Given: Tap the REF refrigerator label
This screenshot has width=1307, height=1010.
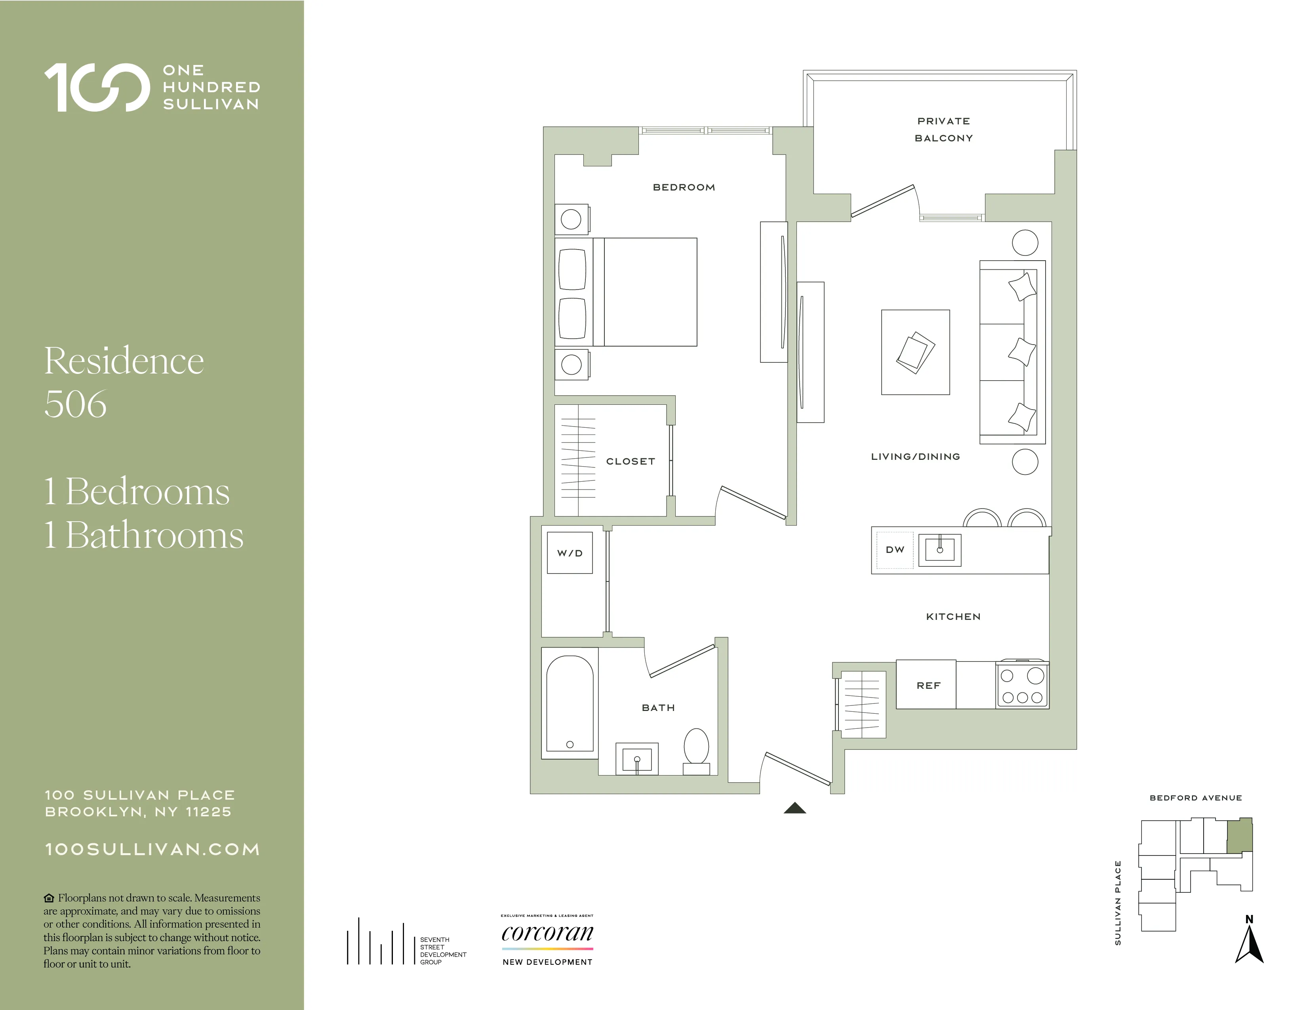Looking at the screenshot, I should [928, 686].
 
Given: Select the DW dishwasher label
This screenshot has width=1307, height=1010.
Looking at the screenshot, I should [895, 550].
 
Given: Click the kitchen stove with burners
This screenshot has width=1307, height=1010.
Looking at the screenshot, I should [1022, 686].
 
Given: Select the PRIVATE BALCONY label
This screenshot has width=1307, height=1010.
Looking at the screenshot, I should [944, 129].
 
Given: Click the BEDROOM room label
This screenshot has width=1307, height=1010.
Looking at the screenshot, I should [684, 187].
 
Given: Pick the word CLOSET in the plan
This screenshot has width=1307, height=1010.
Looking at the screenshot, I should [630, 461].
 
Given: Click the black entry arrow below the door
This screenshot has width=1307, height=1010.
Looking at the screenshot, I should [795, 808].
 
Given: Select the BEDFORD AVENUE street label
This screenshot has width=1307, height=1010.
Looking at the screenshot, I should [1195, 798].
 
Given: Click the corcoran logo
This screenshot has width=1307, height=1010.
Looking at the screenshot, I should [547, 934].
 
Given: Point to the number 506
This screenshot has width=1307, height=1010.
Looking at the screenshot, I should [76, 404].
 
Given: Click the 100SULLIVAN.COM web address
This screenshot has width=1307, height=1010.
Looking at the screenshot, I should [152, 849].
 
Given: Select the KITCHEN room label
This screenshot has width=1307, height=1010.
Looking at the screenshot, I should [953, 617].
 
